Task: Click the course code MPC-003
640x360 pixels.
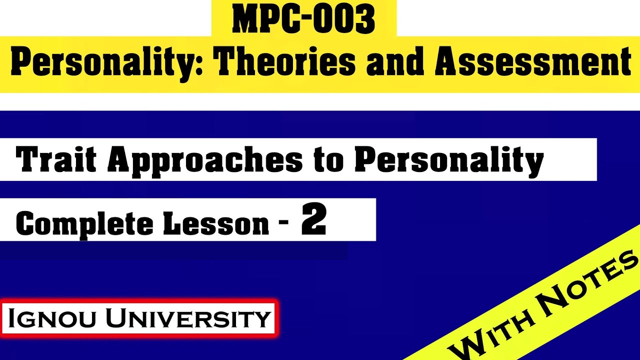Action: point(303,19)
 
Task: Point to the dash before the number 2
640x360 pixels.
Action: point(284,223)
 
